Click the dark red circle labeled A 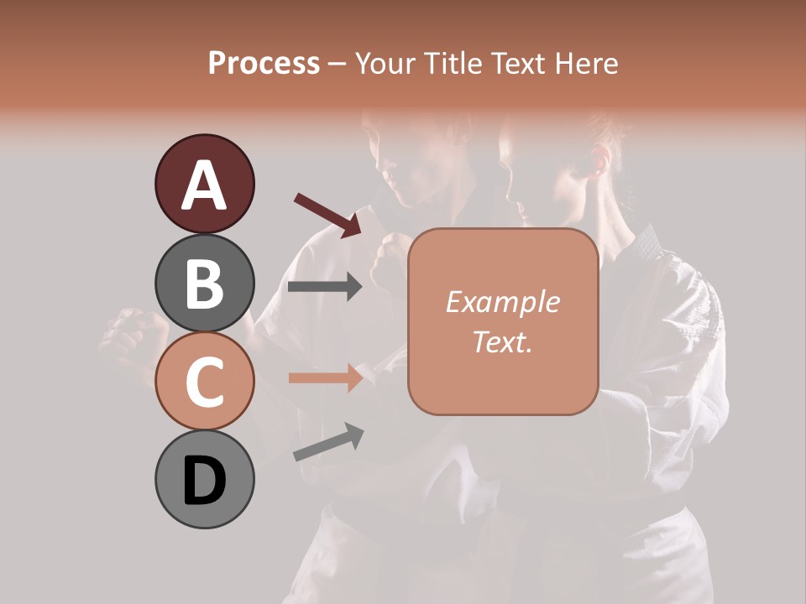pos(204,184)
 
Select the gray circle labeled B pos(204,283)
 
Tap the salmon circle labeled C pos(204,381)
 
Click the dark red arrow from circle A pos(327,214)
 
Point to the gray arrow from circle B pos(325,287)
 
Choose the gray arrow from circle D pos(328,442)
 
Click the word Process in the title pos(264,63)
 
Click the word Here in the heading pos(584,63)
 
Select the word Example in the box pos(502,302)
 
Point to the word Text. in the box pos(502,341)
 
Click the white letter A pos(204,185)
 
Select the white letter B pos(204,284)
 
